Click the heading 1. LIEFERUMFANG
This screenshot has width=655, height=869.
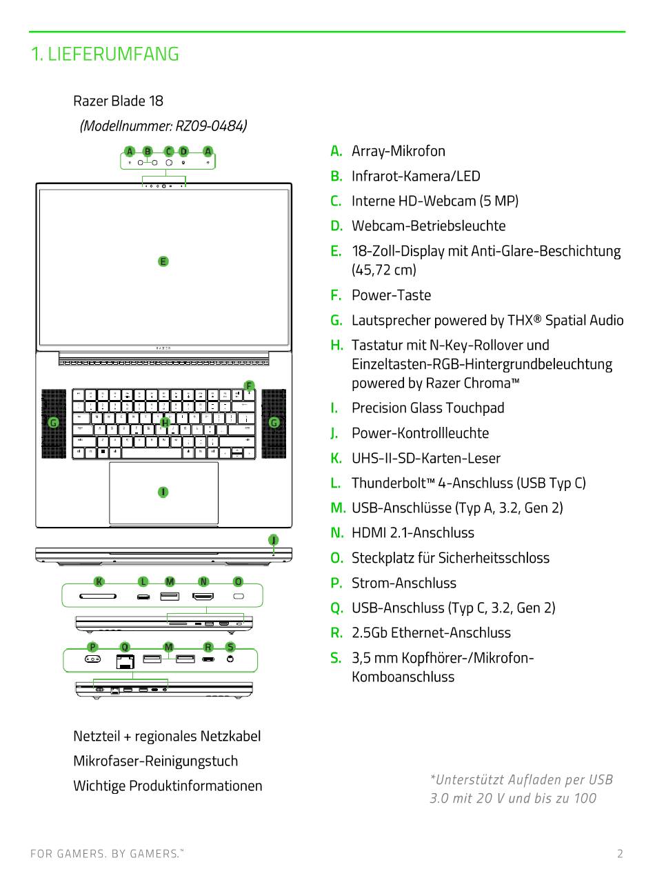tap(105, 54)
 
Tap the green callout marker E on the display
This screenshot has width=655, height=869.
tap(163, 261)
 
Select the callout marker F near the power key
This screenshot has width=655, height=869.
tap(249, 386)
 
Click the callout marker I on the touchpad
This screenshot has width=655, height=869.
tap(163, 492)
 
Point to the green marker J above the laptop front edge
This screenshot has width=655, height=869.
tap(274, 539)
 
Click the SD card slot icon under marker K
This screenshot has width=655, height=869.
tap(98, 596)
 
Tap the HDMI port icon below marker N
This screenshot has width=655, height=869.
tap(203, 596)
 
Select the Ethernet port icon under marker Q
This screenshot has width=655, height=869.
tap(125, 661)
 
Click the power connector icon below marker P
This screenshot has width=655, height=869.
tap(92, 659)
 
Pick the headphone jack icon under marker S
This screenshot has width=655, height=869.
tap(230, 659)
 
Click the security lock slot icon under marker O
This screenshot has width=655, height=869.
tap(239, 596)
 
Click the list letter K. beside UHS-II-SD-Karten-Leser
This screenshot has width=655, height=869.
tap(336, 458)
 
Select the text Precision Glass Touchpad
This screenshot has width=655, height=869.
tap(428, 408)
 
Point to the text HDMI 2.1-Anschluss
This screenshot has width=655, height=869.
tap(413, 532)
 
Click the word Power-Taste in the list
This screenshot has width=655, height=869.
tap(391, 295)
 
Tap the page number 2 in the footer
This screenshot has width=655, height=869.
tap(620, 853)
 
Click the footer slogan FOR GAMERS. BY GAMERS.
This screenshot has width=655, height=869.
tap(107, 854)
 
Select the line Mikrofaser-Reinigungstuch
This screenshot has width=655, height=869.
tap(156, 761)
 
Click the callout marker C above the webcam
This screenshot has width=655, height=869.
tap(169, 151)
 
